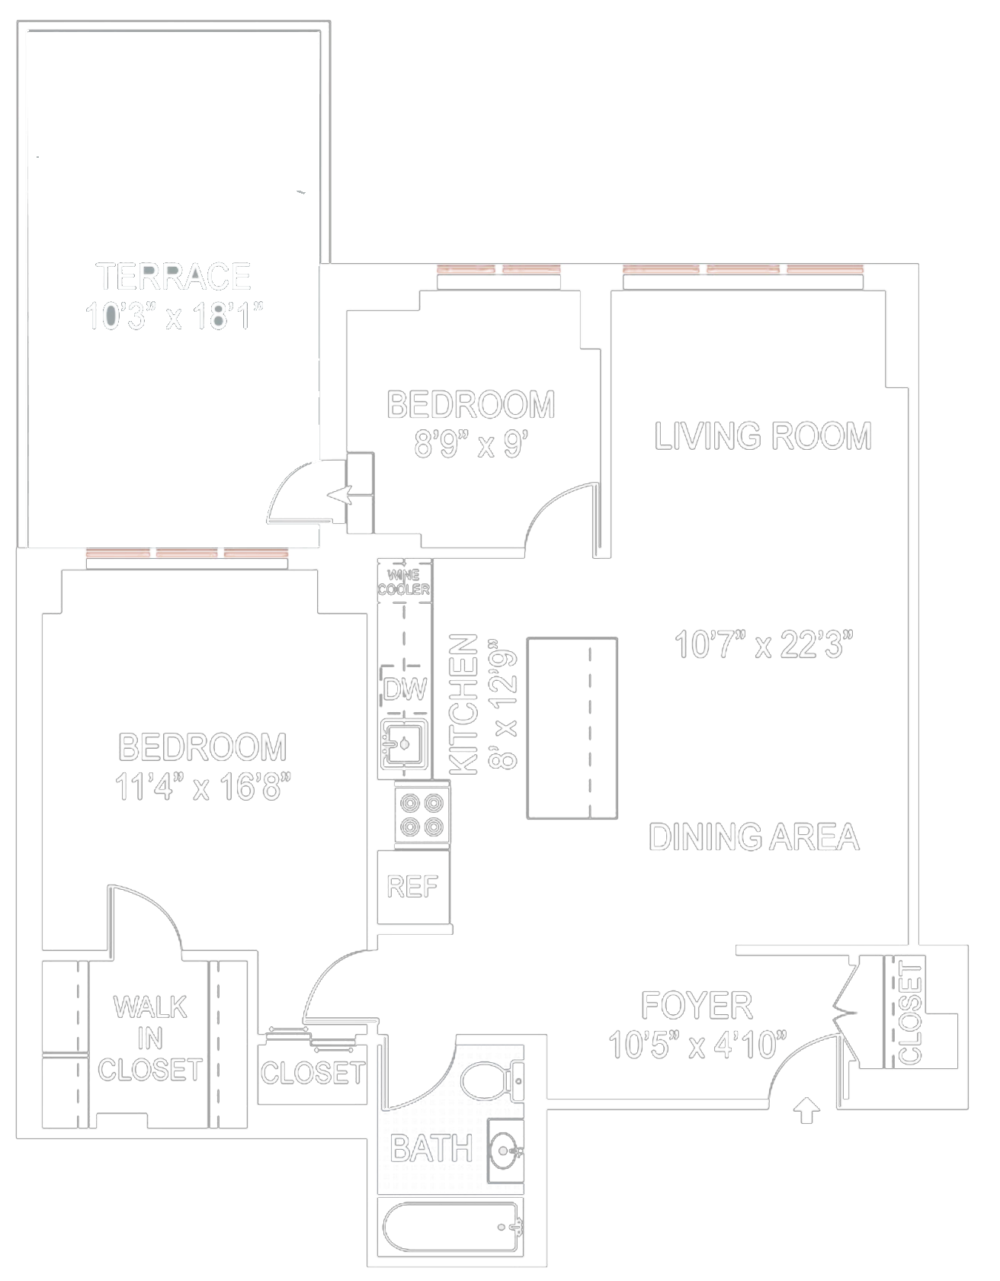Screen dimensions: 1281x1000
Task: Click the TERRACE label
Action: pos(173,277)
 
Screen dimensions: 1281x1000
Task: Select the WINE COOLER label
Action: pos(404,583)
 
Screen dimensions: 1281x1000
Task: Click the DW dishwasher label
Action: pos(405,689)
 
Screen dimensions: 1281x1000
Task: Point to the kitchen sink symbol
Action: pos(404,742)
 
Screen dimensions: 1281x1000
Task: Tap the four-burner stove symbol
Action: pos(422,814)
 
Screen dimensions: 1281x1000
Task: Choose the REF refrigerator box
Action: pos(412,887)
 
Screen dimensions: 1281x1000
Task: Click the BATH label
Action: pos(431,1148)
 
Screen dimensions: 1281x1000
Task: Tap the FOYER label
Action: pos(697,1006)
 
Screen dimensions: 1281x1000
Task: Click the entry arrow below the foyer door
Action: pos(806,1111)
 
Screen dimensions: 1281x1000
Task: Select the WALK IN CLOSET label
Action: pos(149,1039)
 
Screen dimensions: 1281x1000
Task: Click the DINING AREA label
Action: pos(754,837)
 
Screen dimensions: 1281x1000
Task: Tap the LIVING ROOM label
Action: pos(763,436)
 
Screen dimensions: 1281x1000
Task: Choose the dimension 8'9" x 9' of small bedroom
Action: pos(471,444)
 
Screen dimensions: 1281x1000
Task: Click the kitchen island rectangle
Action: pos(572,728)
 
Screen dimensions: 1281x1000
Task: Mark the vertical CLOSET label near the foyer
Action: pos(910,1013)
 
